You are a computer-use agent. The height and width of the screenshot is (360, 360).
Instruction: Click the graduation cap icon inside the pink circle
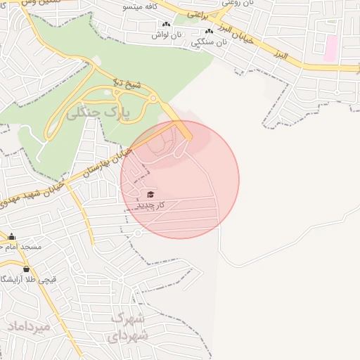(150, 194)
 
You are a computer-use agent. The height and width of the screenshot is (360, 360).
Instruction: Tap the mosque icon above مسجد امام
(12, 237)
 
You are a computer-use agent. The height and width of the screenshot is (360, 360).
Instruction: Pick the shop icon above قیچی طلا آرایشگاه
(27, 269)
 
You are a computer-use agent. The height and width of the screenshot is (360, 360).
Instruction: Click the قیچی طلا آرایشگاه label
(30, 279)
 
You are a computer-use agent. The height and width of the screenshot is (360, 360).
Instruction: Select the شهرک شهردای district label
(129, 327)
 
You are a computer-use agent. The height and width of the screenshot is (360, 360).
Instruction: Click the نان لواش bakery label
(167, 34)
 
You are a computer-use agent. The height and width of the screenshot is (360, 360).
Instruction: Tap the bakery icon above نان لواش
(166, 25)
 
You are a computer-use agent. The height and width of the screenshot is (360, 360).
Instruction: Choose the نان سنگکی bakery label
(210, 42)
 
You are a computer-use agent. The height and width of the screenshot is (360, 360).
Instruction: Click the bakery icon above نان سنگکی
(209, 32)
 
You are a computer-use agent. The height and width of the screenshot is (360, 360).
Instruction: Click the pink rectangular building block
(330, 49)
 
